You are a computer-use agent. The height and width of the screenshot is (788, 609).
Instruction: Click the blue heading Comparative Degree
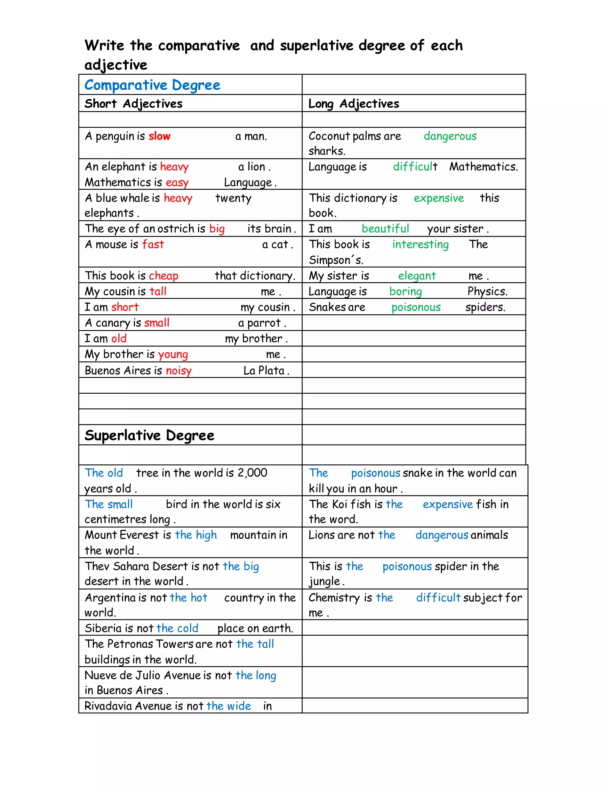[152, 85]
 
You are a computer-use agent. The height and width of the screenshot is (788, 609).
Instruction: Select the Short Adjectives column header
[134, 104]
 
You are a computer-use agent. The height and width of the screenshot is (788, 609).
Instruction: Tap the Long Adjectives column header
[354, 104]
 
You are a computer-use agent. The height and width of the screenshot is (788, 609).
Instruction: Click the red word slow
[159, 136]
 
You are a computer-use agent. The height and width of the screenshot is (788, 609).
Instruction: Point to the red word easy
[177, 183]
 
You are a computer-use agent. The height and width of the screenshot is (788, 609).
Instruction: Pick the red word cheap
[164, 276]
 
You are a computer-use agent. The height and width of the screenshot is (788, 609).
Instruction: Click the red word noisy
[179, 371]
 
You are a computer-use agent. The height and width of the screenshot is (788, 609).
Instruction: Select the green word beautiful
[385, 229]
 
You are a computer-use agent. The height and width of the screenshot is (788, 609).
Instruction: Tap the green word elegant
[417, 276]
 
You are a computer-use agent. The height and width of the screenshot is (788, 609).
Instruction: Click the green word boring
[406, 291]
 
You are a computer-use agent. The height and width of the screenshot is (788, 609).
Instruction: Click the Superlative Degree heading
[149, 436]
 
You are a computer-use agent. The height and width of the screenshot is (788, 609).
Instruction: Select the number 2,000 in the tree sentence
[252, 473]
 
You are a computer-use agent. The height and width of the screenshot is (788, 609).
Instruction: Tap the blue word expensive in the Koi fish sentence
[448, 504]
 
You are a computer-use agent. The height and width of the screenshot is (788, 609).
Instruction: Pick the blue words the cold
[178, 629]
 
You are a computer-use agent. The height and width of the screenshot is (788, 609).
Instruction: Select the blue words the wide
[229, 706]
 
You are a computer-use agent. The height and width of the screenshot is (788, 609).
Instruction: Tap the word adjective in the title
[116, 65]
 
